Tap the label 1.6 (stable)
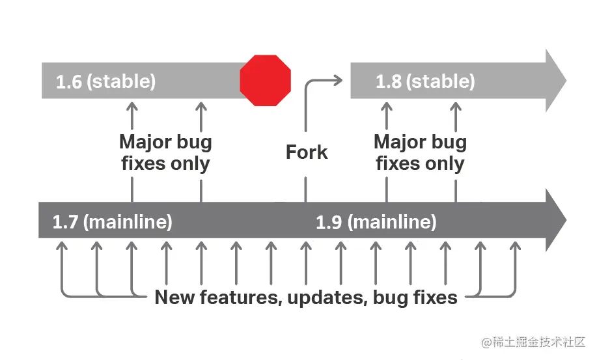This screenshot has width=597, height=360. (106, 82)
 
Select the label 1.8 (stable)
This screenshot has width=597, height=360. (425, 82)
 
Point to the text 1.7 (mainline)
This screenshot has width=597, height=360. (113, 222)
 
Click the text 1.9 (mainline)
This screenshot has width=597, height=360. (376, 222)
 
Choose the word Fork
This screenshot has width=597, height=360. (307, 153)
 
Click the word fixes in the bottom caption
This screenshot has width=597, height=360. (432, 298)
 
